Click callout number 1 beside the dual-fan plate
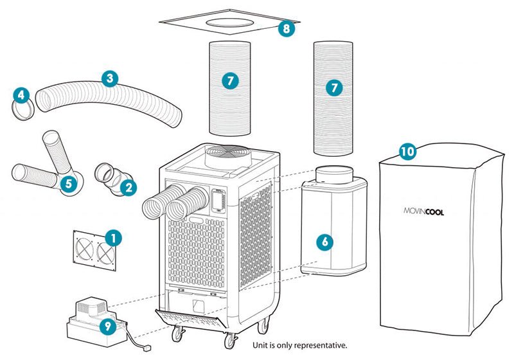[x=113, y=239]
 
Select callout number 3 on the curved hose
[x=110, y=79]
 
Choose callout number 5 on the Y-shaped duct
[x=68, y=184]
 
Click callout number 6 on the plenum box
[x=325, y=242]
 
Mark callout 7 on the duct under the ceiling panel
[x=230, y=81]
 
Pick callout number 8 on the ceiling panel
[x=287, y=28]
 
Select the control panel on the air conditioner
[x=218, y=200]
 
